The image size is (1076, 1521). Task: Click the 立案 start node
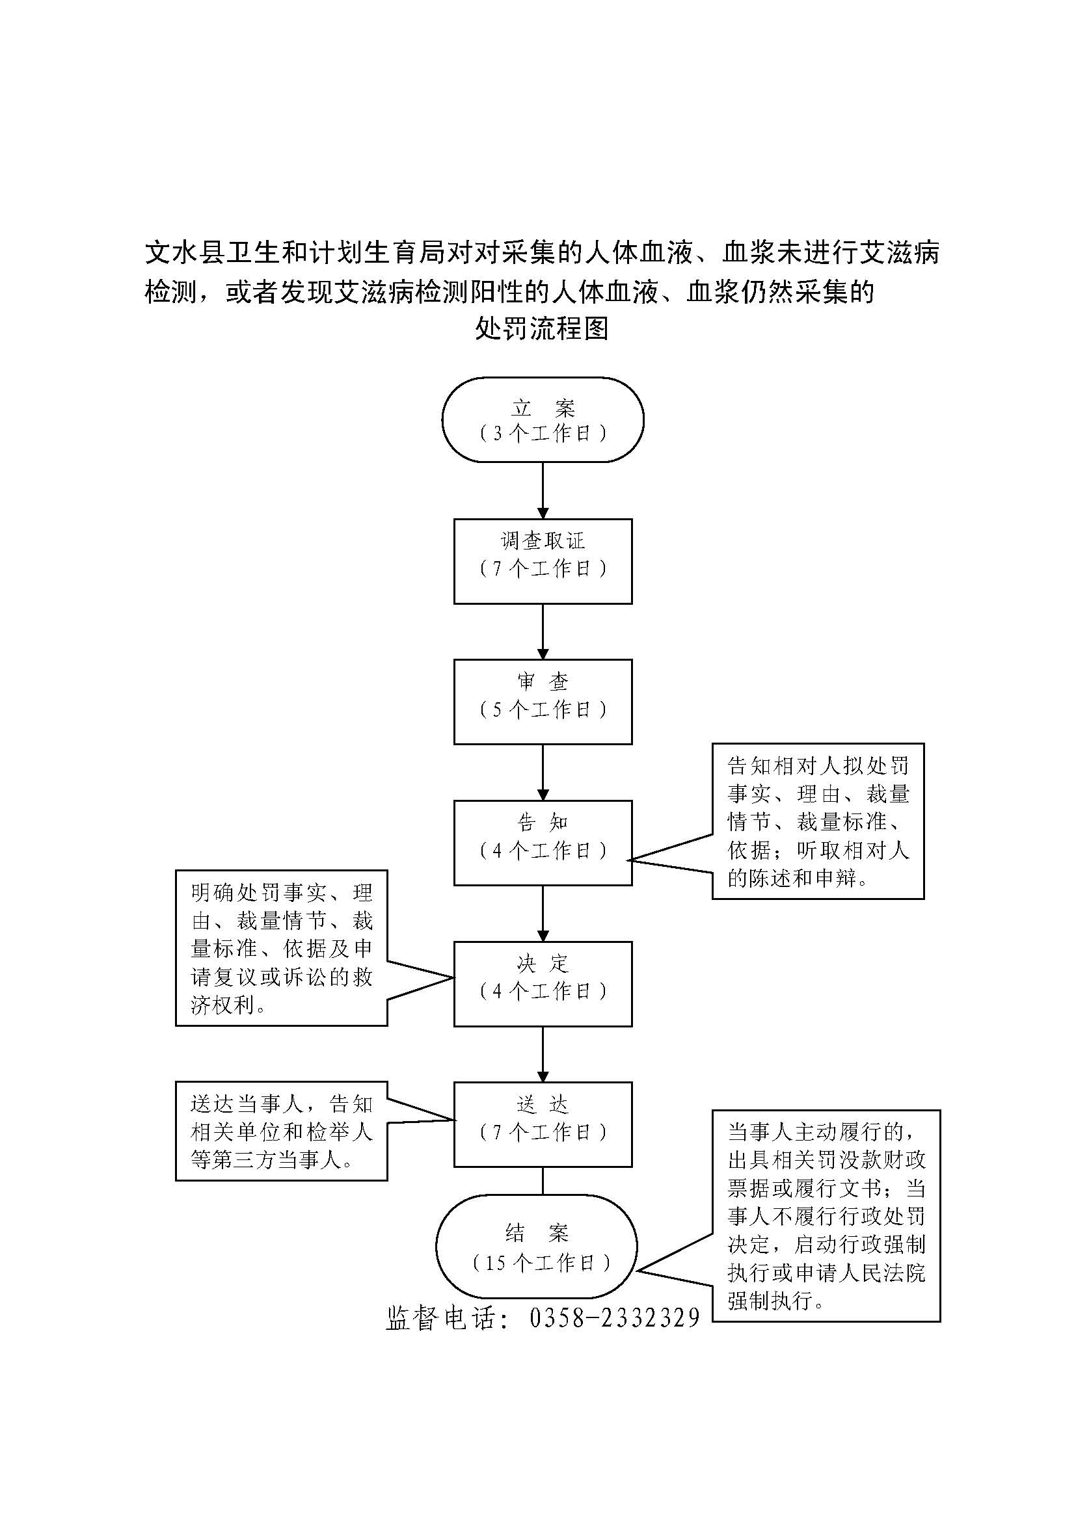[x=543, y=419]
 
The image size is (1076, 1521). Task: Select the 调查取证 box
[x=543, y=561]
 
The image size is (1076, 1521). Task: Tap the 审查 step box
[x=543, y=702]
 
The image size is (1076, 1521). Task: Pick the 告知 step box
[x=543, y=843]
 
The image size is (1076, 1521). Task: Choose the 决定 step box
[x=543, y=984]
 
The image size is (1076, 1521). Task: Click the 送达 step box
[x=543, y=1125]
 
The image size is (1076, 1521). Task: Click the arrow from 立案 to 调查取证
[x=543, y=490]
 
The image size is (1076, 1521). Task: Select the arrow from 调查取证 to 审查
[x=543, y=631]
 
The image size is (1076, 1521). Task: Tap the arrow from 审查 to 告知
[x=543, y=773]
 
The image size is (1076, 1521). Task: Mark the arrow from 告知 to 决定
[x=543, y=914]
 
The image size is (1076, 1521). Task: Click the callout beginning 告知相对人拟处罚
[x=818, y=821]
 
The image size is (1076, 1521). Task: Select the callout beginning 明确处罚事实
[x=282, y=949]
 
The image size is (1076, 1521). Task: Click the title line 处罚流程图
[x=541, y=328]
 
